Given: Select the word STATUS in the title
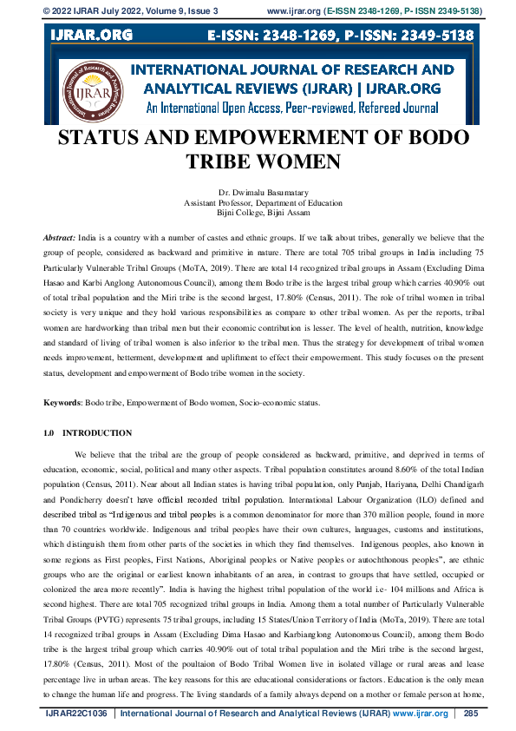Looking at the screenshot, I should (x=108, y=139).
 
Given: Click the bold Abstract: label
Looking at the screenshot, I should (x=60, y=237).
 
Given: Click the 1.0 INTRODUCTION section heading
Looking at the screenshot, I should (x=88, y=432).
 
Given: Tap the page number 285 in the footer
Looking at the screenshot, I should (x=471, y=714).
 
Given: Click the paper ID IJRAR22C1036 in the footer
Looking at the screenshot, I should (x=78, y=714).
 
